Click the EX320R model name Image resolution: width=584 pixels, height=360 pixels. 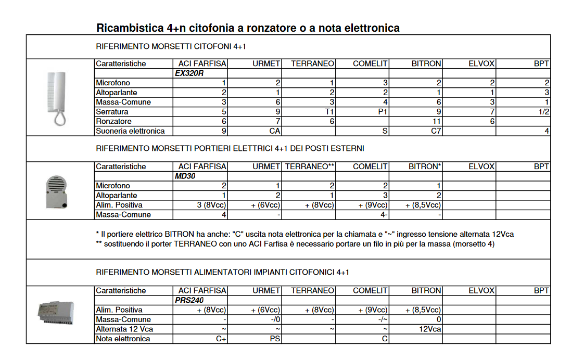tap(189, 73)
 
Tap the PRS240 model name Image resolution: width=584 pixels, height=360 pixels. tap(189, 300)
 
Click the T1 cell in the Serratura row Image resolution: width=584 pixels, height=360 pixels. tap(329, 112)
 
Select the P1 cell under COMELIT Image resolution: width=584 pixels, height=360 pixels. tap(383, 112)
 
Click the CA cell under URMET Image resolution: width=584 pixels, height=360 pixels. tap(275, 131)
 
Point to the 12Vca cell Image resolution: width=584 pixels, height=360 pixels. tap(430, 329)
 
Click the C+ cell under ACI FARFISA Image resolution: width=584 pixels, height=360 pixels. tap(220, 339)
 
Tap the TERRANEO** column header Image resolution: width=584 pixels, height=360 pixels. tap(309, 166)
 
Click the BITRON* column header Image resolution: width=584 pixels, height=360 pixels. tap(426, 166)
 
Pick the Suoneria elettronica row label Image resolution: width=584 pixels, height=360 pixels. tap(130, 131)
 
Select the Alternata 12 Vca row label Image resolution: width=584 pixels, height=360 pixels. tap(124, 329)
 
